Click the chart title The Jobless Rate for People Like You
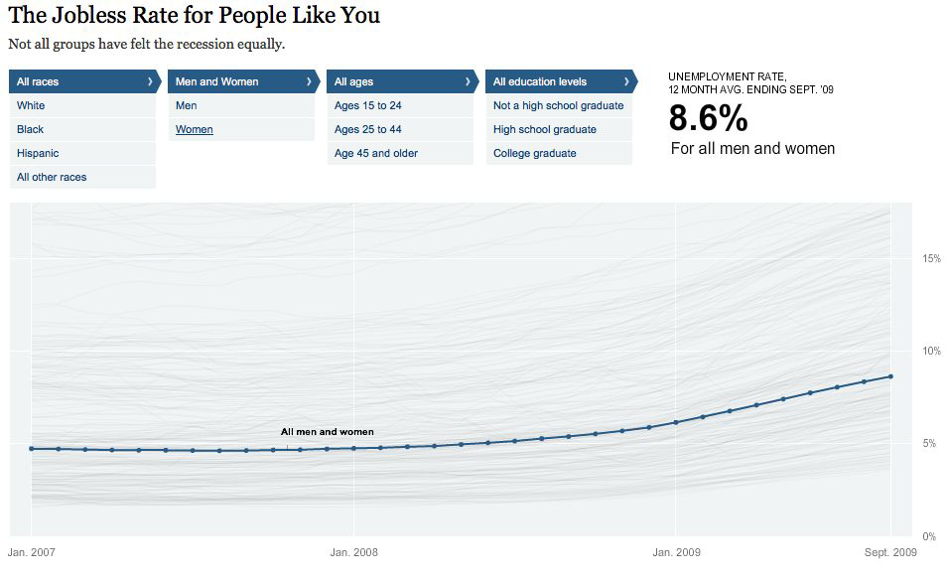coord(194,16)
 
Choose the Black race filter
coord(31,129)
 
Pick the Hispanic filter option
coord(38,153)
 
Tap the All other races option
coord(52,177)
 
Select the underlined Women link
coord(195,129)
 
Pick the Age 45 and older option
coord(376,153)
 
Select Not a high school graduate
coord(559,105)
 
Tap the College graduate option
coord(535,153)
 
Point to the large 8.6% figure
coord(708,119)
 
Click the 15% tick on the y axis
coord(931,259)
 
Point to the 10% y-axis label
coord(931,352)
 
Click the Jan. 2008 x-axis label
coord(353,552)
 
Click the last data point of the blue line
coord(890,376)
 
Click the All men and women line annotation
coord(328,432)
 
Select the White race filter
coord(31,105)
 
